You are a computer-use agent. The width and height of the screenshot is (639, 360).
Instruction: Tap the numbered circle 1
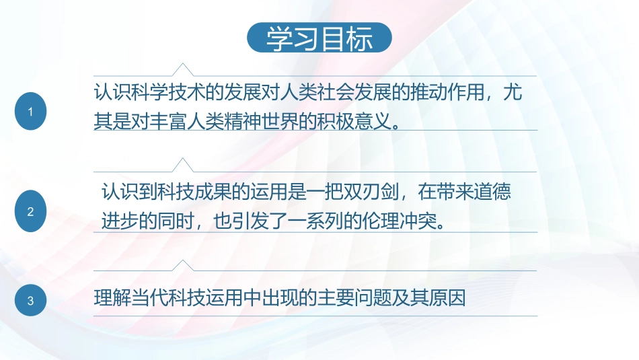coord(30,112)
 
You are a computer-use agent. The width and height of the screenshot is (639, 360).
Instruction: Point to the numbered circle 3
coord(30,301)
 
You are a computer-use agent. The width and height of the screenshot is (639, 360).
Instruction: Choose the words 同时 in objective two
coord(171,221)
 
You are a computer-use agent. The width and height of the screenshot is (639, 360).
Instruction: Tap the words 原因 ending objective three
coord(450,297)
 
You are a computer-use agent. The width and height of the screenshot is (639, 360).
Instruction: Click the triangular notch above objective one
coord(182,69)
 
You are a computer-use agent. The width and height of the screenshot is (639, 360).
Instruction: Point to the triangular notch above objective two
coord(182,165)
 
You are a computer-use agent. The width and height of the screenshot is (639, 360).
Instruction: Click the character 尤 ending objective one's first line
coord(513,93)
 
